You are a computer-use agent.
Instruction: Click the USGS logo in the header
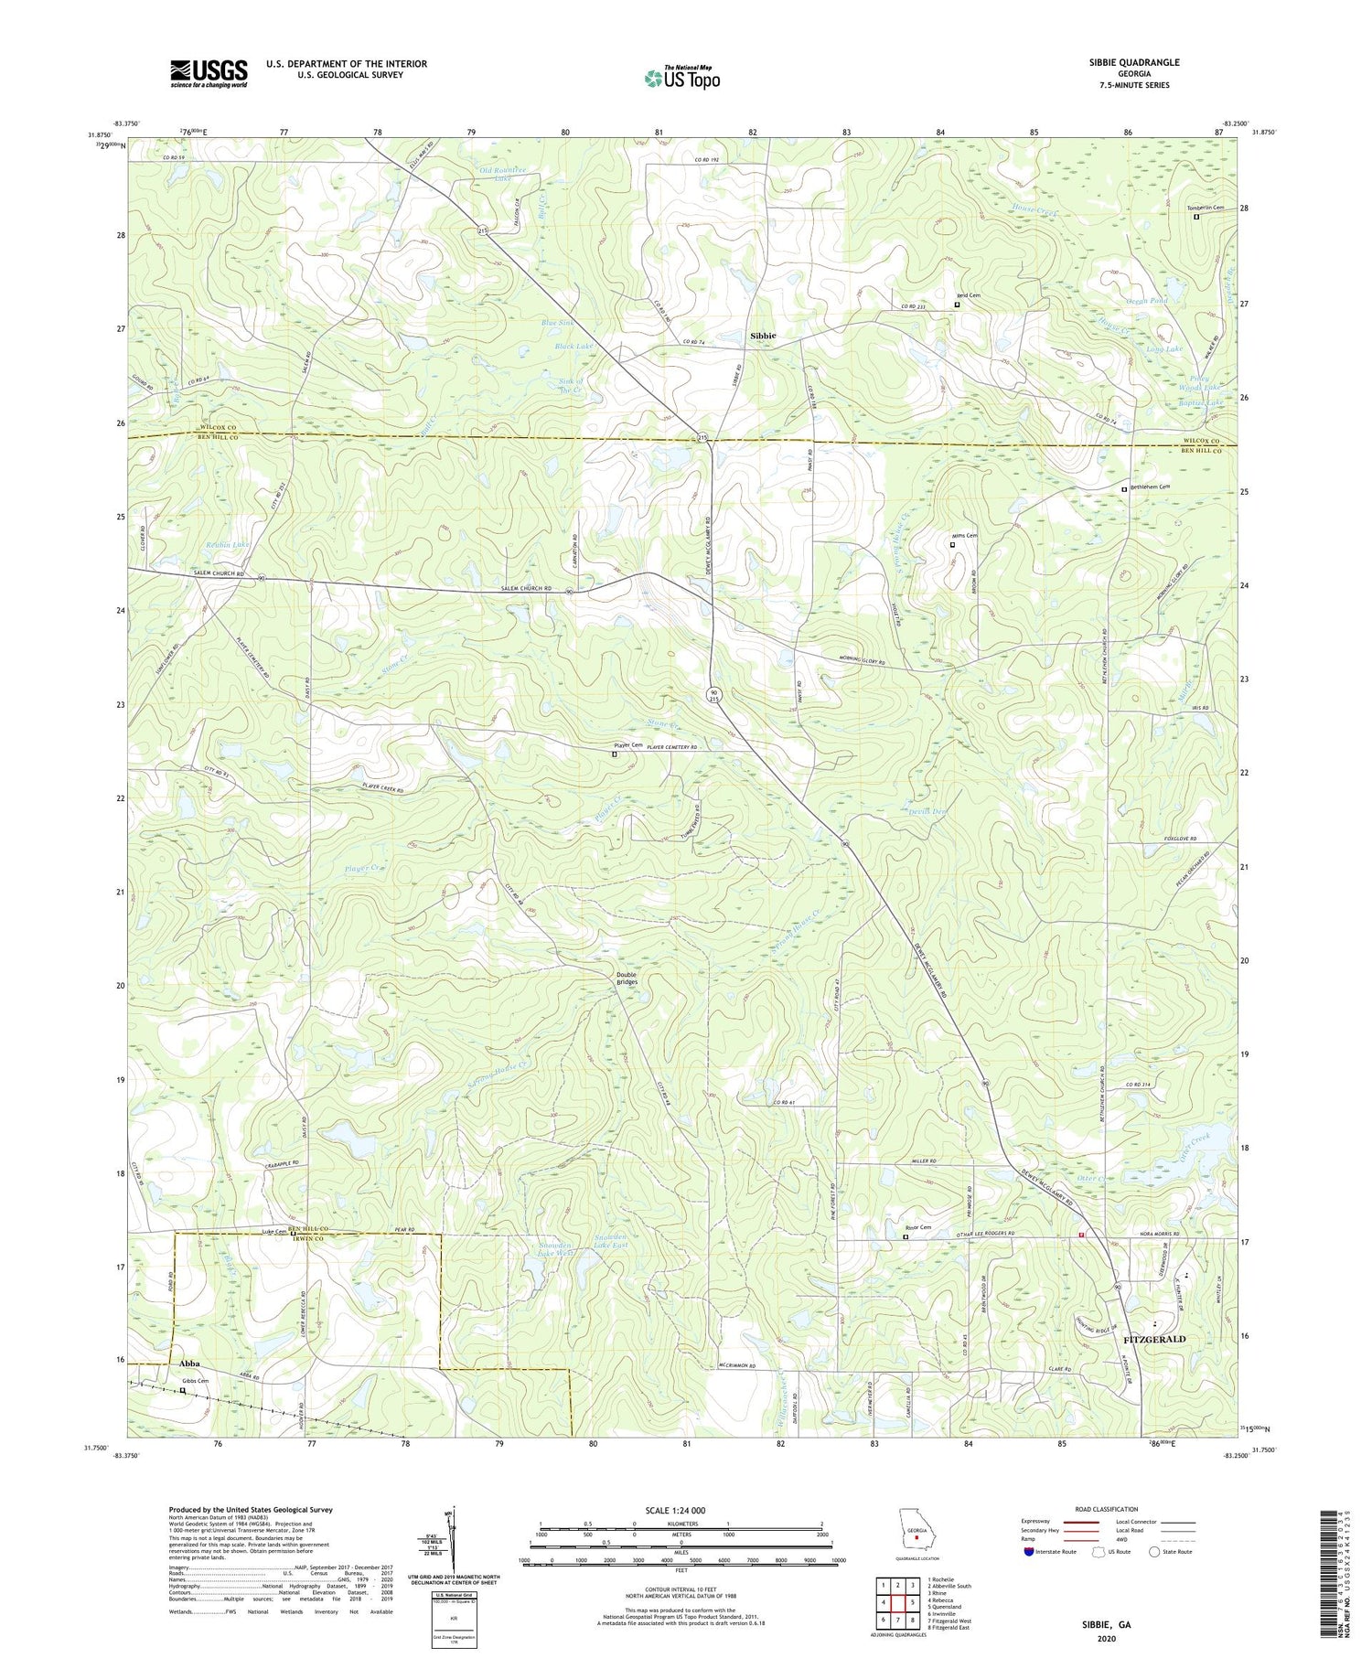pos(209,73)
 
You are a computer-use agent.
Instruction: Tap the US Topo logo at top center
pos(681,78)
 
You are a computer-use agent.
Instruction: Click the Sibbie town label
pos(763,336)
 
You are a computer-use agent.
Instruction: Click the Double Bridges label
pos(627,978)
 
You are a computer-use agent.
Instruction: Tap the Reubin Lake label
pos(227,544)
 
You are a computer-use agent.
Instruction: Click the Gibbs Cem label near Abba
pos(195,1381)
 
